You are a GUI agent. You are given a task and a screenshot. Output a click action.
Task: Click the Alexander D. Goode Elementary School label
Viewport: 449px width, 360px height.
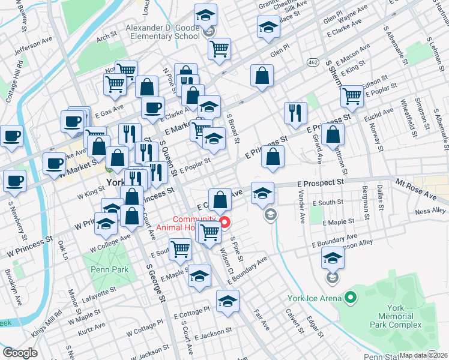162,32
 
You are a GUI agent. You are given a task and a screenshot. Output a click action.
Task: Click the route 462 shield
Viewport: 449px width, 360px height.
313,62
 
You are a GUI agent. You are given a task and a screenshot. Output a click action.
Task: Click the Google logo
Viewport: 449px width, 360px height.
20,352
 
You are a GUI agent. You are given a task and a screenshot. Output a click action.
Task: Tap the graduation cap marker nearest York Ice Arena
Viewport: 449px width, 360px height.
333,259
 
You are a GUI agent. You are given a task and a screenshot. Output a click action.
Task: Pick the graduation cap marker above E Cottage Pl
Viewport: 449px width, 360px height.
228,301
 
